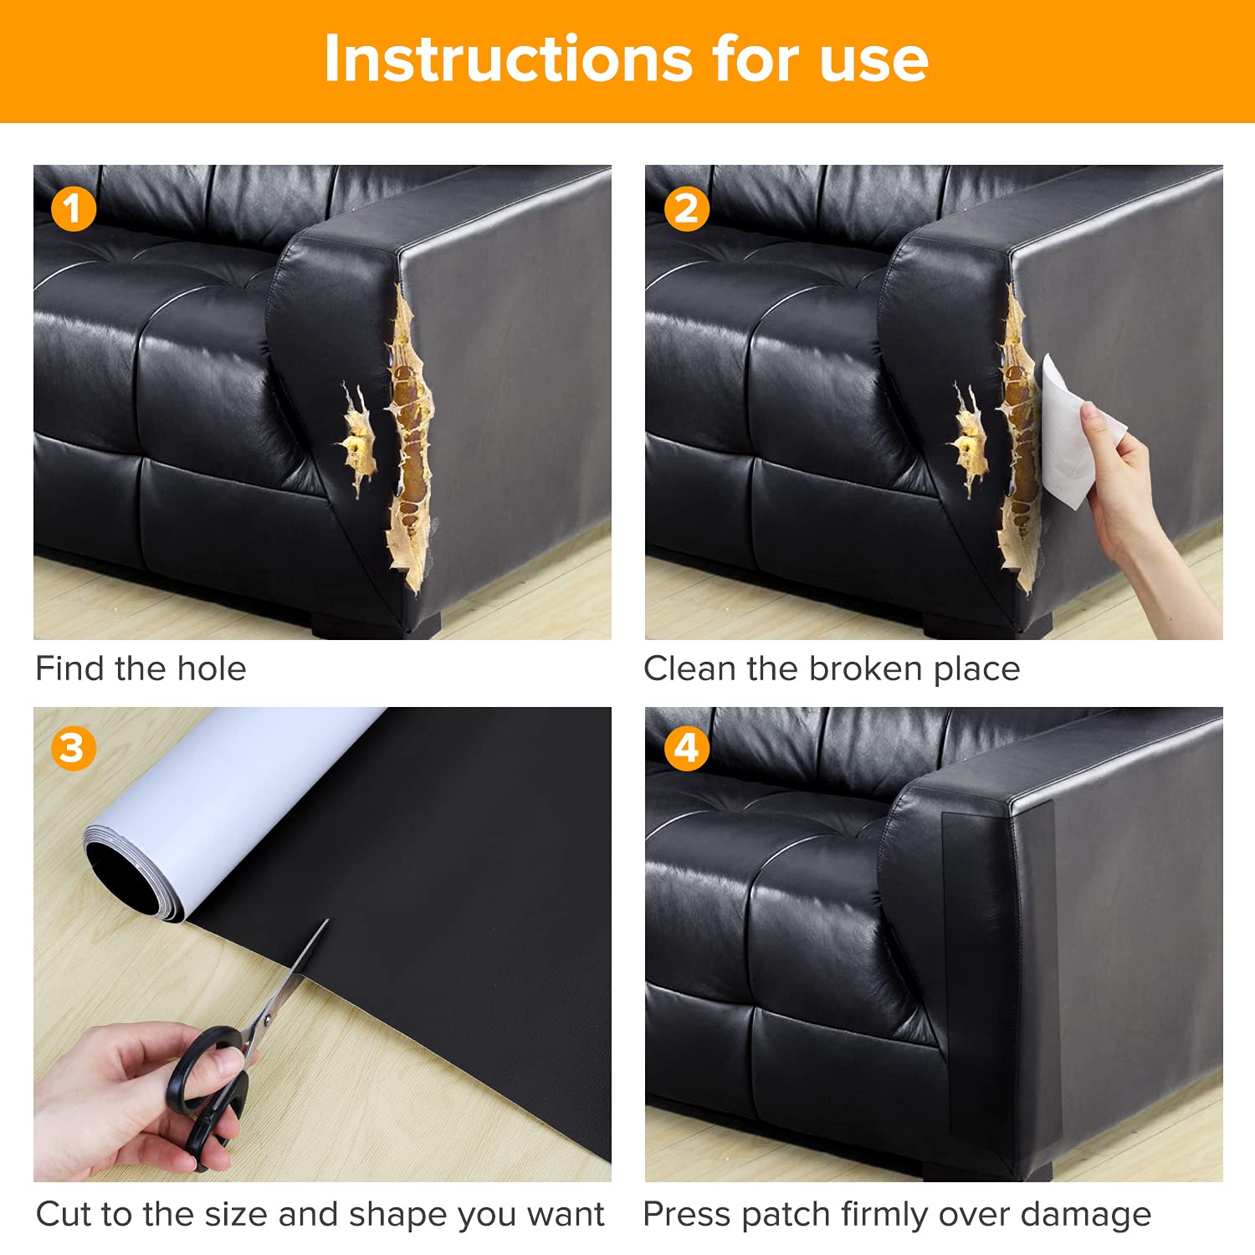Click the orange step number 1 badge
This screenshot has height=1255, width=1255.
(x=74, y=209)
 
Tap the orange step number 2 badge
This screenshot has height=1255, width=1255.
(x=686, y=209)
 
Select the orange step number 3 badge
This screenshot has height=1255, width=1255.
(x=74, y=748)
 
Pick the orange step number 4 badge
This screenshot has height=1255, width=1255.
(x=686, y=748)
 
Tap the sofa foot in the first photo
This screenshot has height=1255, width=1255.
(x=376, y=626)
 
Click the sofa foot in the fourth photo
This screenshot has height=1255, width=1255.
(x=987, y=1170)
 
